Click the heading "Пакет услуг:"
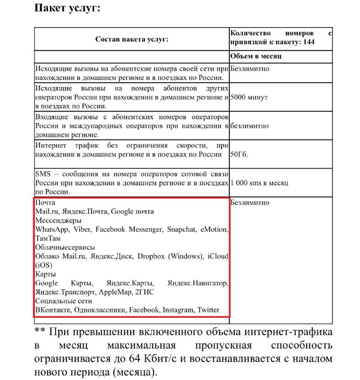[67, 9]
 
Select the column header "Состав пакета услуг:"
[132, 39]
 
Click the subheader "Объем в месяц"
[256, 57]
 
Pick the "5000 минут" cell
[249, 97]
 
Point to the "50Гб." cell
[239, 155]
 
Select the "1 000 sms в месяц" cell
[260, 183]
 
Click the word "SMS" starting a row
[43, 174]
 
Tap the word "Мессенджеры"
[58, 220]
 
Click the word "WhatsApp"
[52, 229]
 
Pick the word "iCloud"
[218, 256]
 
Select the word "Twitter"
[208, 310]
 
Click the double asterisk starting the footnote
[38, 332]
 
